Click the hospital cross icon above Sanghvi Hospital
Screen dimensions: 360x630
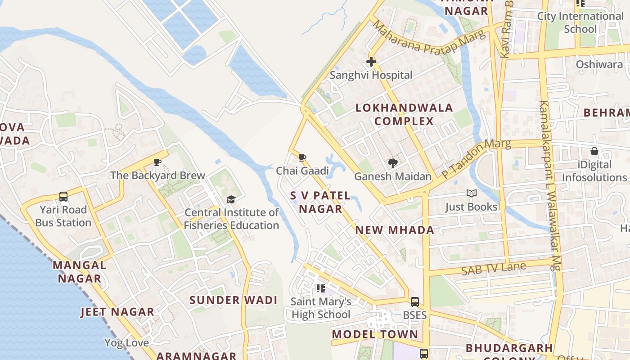(371, 62)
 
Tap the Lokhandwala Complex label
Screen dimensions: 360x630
(404, 114)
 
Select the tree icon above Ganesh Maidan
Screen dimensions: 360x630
(393, 163)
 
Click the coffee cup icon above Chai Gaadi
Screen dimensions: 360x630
(302, 158)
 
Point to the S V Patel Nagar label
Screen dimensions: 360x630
(320, 202)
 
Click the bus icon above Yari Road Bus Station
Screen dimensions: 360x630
(63, 197)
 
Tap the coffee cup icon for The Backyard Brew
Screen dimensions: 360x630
(157, 162)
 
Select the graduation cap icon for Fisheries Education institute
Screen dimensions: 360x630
(231, 199)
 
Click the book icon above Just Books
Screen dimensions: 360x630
(471, 193)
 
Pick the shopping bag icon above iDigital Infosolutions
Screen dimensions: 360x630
(594, 152)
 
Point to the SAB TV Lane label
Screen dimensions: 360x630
(493, 269)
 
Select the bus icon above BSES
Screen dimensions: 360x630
(415, 302)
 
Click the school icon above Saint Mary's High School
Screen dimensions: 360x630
(320, 288)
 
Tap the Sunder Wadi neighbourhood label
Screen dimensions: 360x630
(233, 300)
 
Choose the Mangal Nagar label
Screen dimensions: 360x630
(80, 272)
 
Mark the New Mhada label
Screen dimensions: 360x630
(395, 230)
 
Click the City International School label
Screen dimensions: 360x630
(580, 22)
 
